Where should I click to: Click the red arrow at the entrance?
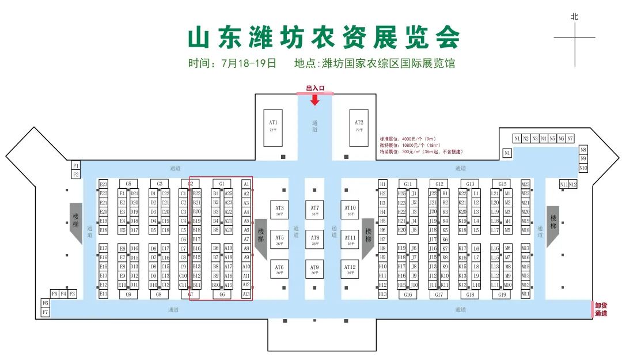[315, 100]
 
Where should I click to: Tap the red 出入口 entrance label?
[315, 88]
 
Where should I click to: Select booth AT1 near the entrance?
[273, 126]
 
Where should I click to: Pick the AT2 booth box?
[359, 126]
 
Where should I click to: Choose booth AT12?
[350, 269]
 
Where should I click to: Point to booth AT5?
[279, 239]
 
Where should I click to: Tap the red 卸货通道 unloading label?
[601, 310]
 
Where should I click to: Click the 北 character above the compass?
[574, 17]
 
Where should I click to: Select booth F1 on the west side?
[76, 166]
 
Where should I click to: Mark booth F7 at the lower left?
[45, 312]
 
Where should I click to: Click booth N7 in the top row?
[570, 139]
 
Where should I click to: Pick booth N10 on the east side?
[583, 168]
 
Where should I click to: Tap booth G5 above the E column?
[128, 184]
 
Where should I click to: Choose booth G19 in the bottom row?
[502, 294]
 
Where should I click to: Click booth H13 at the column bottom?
[382, 294]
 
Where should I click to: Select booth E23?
[104, 184]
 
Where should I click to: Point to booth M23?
[525, 184]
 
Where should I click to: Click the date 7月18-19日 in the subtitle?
[248, 63]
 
